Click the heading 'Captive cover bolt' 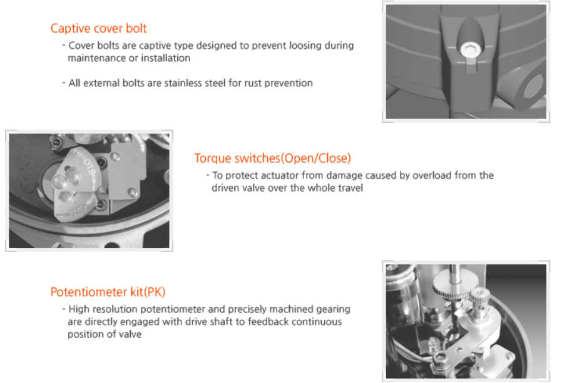coord(98,28)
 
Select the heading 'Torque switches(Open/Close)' coord(272,158)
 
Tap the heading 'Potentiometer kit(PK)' coord(108,292)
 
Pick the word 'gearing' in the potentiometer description coord(334,310)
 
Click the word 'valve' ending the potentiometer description coord(130,334)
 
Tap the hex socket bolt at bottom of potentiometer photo coord(440,357)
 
